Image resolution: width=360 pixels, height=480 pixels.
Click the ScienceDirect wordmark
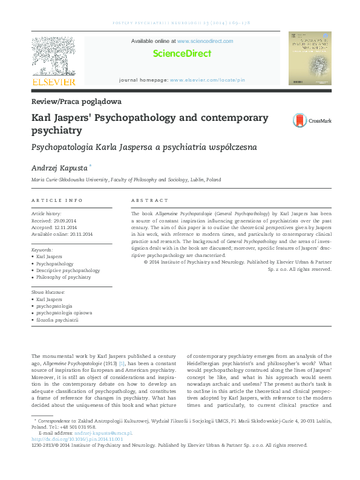(x=182, y=53)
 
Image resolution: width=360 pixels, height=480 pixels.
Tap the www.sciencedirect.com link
(x=205, y=41)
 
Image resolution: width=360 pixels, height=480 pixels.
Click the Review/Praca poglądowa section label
(x=76, y=101)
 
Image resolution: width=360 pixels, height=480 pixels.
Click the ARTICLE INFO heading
(x=57, y=200)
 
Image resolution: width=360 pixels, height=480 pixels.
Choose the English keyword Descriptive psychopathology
(x=68, y=270)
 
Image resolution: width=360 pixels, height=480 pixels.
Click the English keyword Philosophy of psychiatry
(x=64, y=277)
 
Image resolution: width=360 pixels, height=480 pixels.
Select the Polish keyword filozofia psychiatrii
(x=57, y=320)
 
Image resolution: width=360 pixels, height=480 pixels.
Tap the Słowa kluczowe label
(x=48, y=292)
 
